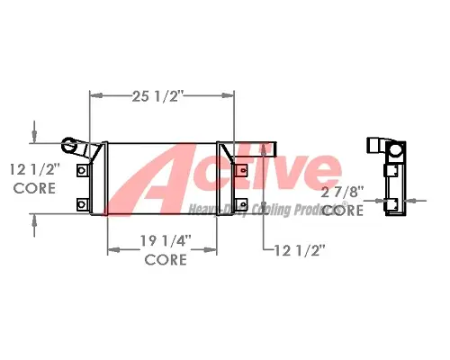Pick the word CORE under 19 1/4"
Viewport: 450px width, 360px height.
coord(166,260)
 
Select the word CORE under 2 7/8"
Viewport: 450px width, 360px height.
coord(343,210)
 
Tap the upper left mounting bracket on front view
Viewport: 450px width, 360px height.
coord(83,169)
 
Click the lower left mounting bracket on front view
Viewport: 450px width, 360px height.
coord(83,205)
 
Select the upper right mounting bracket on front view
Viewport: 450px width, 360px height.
coord(240,169)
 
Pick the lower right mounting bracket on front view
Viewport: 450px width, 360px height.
coord(240,205)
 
